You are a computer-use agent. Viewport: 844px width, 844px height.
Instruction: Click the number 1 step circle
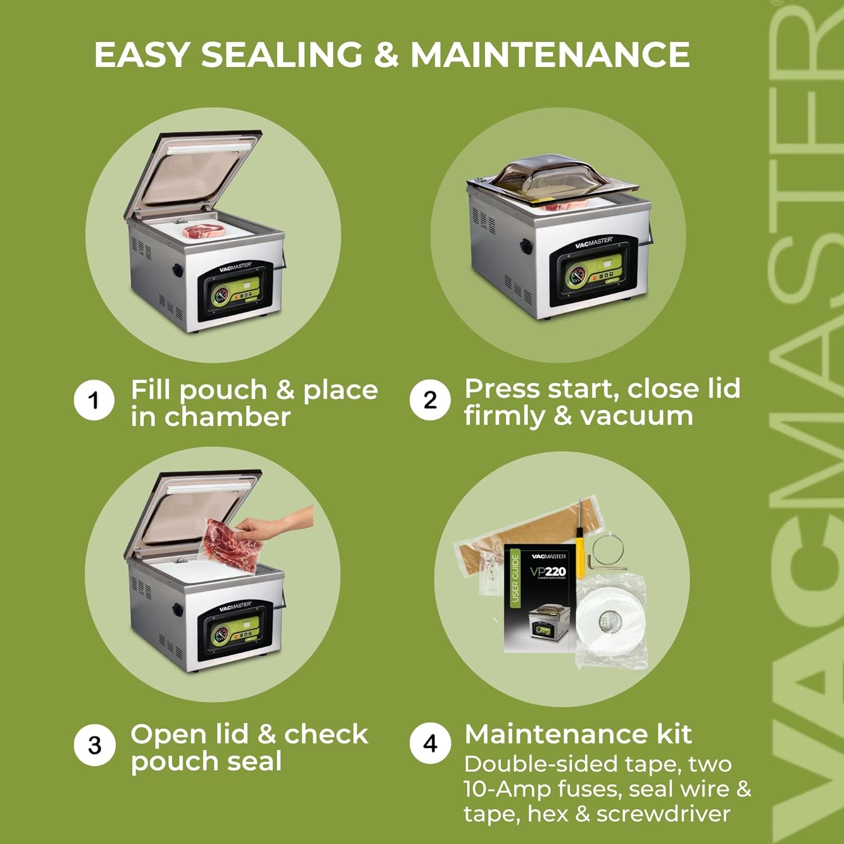click(94, 401)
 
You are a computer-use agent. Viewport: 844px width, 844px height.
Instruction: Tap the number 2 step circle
click(430, 400)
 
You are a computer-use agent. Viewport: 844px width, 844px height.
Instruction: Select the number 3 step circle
click(95, 746)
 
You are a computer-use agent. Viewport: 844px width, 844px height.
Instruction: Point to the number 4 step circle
click(430, 743)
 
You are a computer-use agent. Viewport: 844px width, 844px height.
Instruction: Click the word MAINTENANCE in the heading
click(550, 55)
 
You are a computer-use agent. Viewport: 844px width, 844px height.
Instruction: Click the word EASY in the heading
click(142, 55)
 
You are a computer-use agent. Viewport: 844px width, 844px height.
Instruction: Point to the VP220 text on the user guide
click(547, 572)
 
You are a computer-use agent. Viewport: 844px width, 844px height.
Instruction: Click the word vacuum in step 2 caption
click(636, 416)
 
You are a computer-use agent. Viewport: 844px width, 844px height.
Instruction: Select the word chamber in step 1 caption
click(227, 417)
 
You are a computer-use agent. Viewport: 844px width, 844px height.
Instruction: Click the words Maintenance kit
click(578, 734)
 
